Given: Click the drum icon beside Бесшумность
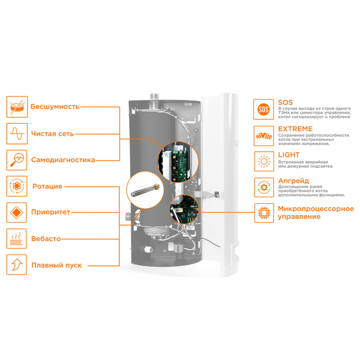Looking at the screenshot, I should [18, 107].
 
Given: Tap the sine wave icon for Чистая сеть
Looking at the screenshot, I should [18, 134].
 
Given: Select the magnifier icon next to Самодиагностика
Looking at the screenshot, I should [18, 160].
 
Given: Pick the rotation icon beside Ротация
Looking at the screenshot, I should [18, 186].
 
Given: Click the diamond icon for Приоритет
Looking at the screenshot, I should [18, 212].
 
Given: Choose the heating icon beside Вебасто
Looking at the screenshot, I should [18, 239].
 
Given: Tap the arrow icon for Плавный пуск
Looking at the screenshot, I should [18, 265].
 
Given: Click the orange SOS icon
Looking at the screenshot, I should [264, 109].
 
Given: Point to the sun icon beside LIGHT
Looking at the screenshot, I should [264, 161].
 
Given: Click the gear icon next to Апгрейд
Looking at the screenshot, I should [264, 187].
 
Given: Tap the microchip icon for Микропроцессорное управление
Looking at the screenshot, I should [264, 212].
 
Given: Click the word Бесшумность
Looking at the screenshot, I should [55, 107].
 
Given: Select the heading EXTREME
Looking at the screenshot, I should [295, 129].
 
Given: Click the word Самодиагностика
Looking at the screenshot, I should [63, 160].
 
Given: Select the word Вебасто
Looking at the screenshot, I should [46, 239].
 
